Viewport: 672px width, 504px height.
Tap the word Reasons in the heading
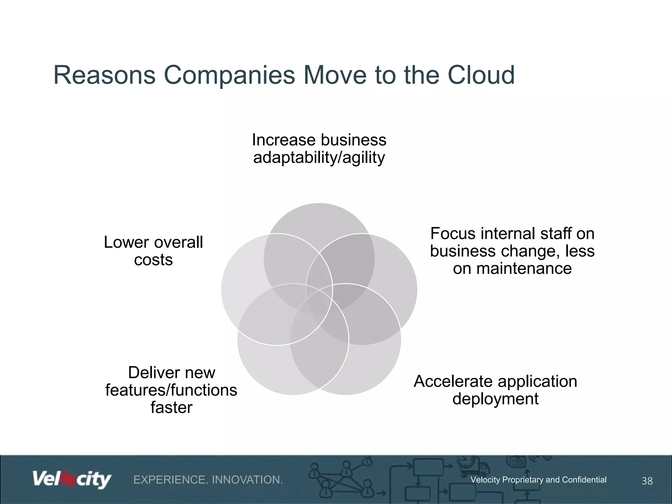(104, 75)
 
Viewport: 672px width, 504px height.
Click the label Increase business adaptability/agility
(319, 149)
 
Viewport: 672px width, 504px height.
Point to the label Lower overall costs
(153, 251)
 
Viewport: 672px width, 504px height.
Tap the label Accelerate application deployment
(495, 390)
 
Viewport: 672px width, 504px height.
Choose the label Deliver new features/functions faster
(171, 390)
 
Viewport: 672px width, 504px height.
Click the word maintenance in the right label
(512, 268)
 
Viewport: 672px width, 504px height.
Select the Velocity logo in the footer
(72, 480)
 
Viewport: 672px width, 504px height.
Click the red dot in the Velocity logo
(68, 480)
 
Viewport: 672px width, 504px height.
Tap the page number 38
(647, 481)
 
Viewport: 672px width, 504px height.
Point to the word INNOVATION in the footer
(247, 480)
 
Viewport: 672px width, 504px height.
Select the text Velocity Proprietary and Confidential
(538, 480)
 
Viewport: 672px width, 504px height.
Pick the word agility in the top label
(364, 158)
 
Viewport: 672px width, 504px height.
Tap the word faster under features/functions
(171, 408)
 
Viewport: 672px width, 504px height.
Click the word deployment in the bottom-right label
(495, 399)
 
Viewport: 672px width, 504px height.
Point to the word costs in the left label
(153, 260)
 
